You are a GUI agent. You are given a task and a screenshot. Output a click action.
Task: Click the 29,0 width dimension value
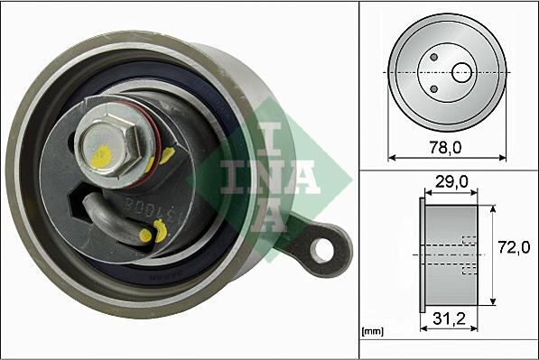point(448,182)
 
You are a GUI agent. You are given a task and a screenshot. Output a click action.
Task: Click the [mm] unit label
point(371,332)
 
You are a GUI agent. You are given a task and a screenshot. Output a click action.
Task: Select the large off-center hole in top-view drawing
point(461,71)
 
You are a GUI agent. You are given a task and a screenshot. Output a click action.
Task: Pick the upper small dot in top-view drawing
point(434,57)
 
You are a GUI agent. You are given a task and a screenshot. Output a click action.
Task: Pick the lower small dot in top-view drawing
point(434,87)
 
